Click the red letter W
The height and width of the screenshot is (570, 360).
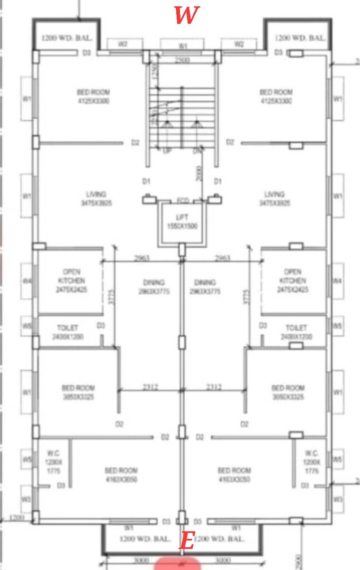click(x=186, y=15)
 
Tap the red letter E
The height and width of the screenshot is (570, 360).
click(x=188, y=541)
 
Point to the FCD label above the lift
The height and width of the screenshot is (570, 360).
click(x=183, y=201)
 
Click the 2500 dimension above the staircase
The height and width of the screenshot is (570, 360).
click(x=182, y=60)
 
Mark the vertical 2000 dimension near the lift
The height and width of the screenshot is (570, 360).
click(x=198, y=174)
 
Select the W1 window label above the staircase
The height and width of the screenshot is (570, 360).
click(x=183, y=46)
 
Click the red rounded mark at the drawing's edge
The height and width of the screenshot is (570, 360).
click(x=178, y=564)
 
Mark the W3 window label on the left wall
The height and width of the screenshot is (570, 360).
click(x=26, y=499)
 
